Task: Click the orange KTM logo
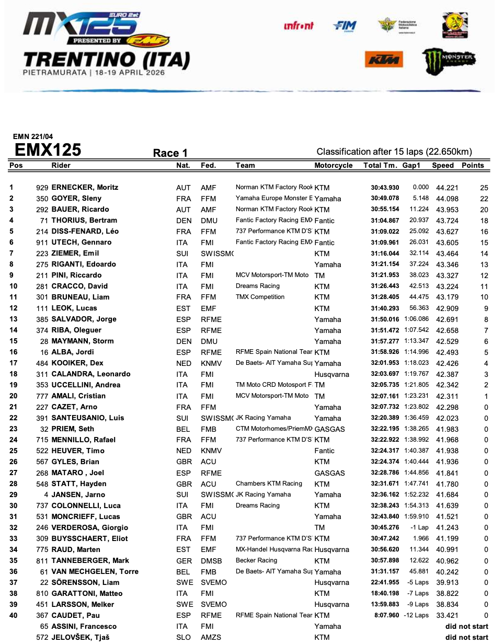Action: coord(384,60)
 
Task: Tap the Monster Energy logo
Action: coord(449,60)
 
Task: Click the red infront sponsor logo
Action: coord(299,26)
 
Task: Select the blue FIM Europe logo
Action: coord(344,26)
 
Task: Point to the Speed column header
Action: coord(443,166)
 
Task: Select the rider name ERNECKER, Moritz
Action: coord(85,188)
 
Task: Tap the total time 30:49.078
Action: coord(385,199)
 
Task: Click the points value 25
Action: coord(484,188)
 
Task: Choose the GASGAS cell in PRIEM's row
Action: coord(329,429)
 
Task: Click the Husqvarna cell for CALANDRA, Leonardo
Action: coord(331,374)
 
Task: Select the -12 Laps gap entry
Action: coord(416,616)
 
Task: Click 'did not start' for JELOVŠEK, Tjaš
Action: coord(466,638)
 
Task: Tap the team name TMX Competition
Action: coord(260,297)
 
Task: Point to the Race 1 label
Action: coord(170,153)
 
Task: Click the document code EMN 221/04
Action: coord(33,137)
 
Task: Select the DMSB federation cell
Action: coord(211,561)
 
